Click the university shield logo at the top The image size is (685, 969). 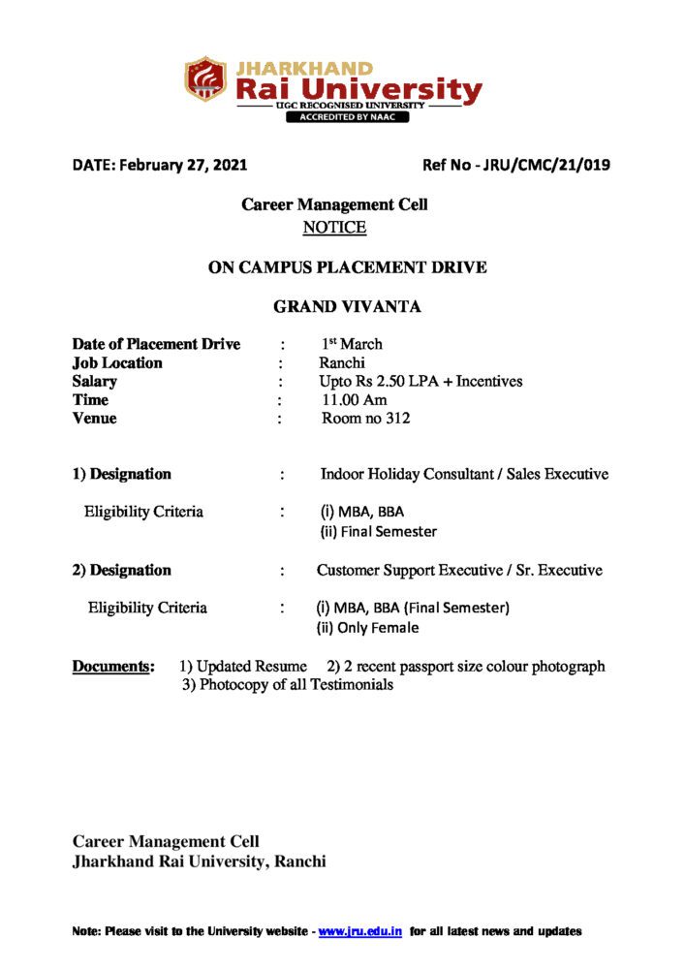click(x=204, y=79)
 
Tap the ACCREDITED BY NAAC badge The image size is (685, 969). click(x=346, y=117)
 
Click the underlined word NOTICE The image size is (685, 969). click(x=334, y=228)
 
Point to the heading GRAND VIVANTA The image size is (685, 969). click(x=347, y=307)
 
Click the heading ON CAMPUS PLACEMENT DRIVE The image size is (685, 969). click(x=347, y=267)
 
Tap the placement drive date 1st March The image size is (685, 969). click(x=352, y=344)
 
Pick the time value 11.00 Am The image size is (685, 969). click(x=355, y=399)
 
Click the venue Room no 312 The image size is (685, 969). click(x=366, y=419)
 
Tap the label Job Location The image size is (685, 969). click(x=117, y=362)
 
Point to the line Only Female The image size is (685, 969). click(x=368, y=628)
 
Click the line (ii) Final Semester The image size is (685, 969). click(x=378, y=531)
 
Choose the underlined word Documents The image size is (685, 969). click(x=113, y=667)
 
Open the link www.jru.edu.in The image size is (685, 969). click(x=360, y=931)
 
